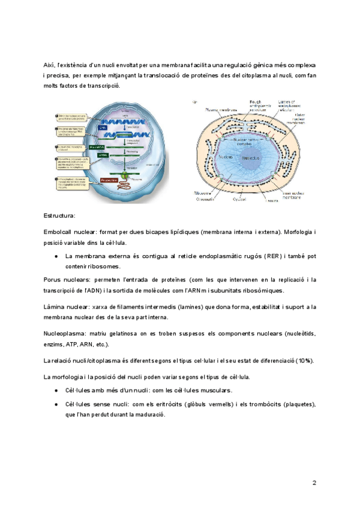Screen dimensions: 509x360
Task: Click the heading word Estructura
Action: pyautogui.click(x=59, y=215)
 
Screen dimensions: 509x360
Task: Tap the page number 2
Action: pyautogui.click(x=314, y=483)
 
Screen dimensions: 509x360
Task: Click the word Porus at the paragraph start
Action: pyautogui.click(x=53, y=280)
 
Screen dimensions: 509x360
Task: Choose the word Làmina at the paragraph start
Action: pyautogui.click(x=55, y=307)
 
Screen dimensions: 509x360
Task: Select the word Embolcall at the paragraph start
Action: pyautogui.click(x=60, y=231)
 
